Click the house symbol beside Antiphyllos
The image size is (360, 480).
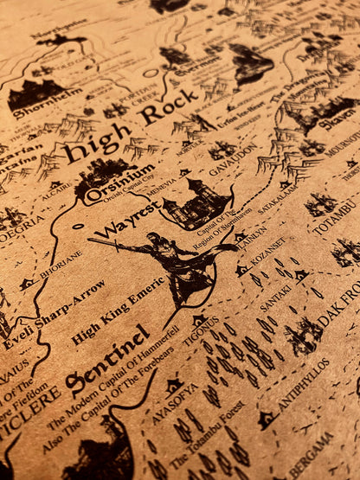tap(265, 419)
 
